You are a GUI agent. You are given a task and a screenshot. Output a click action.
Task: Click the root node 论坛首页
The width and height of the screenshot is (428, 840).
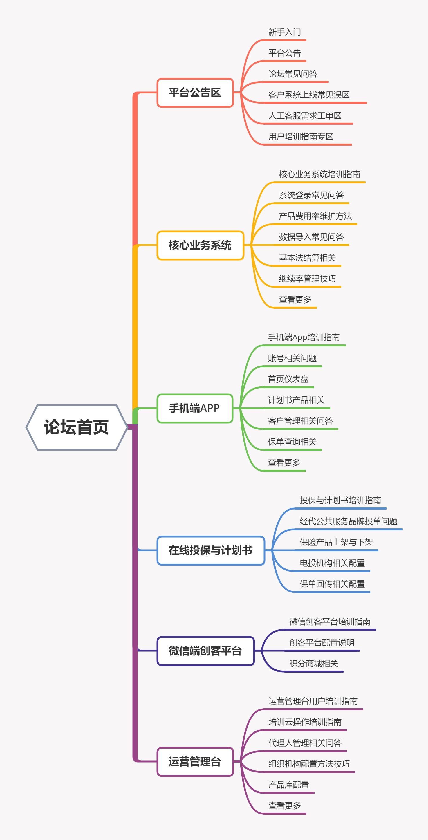tap(76, 427)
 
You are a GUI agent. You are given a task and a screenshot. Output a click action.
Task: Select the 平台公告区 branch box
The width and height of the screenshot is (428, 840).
tap(195, 93)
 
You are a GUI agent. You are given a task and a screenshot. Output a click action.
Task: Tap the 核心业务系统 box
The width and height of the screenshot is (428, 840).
tap(200, 245)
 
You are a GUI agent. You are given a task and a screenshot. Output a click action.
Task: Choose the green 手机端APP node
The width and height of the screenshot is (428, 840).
tap(195, 408)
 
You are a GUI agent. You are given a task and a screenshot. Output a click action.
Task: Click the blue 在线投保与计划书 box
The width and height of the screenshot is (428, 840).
tap(210, 550)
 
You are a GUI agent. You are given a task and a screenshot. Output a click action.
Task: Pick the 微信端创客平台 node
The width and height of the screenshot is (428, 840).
tap(205, 651)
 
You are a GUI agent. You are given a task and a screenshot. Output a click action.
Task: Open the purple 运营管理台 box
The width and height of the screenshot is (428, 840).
tap(195, 762)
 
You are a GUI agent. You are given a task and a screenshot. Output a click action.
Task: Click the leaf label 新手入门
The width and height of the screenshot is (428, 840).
tap(284, 32)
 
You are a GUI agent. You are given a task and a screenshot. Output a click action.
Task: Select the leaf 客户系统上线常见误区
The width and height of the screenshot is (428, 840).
tap(309, 95)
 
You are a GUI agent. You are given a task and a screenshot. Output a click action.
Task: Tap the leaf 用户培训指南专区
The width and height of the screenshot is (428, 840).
tap(301, 137)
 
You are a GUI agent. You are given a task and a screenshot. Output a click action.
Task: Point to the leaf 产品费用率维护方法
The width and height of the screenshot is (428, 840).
tap(315, 216)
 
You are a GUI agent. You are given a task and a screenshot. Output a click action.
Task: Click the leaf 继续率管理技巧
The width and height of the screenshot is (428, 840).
tap(307, 279)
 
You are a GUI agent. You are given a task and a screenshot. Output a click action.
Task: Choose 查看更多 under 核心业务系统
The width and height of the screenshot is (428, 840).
tap(295, 300)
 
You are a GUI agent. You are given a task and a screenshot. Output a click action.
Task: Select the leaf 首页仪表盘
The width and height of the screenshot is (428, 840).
tap(288, 379)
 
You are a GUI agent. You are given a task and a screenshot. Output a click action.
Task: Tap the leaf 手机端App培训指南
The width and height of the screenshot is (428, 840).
tap(304, 337)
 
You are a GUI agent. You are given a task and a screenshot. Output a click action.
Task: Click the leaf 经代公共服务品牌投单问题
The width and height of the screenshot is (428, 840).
tap(348, 521)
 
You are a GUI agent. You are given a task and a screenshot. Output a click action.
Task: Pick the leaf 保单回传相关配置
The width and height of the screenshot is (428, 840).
tap(332, 584)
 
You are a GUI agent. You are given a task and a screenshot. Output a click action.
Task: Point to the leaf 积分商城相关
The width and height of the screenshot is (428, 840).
tap(313, 664)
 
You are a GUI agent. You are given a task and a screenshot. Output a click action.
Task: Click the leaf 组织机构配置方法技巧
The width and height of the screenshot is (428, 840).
tap(309, 764)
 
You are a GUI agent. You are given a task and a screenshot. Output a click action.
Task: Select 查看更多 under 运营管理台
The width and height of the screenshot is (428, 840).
tap(284, 806)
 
